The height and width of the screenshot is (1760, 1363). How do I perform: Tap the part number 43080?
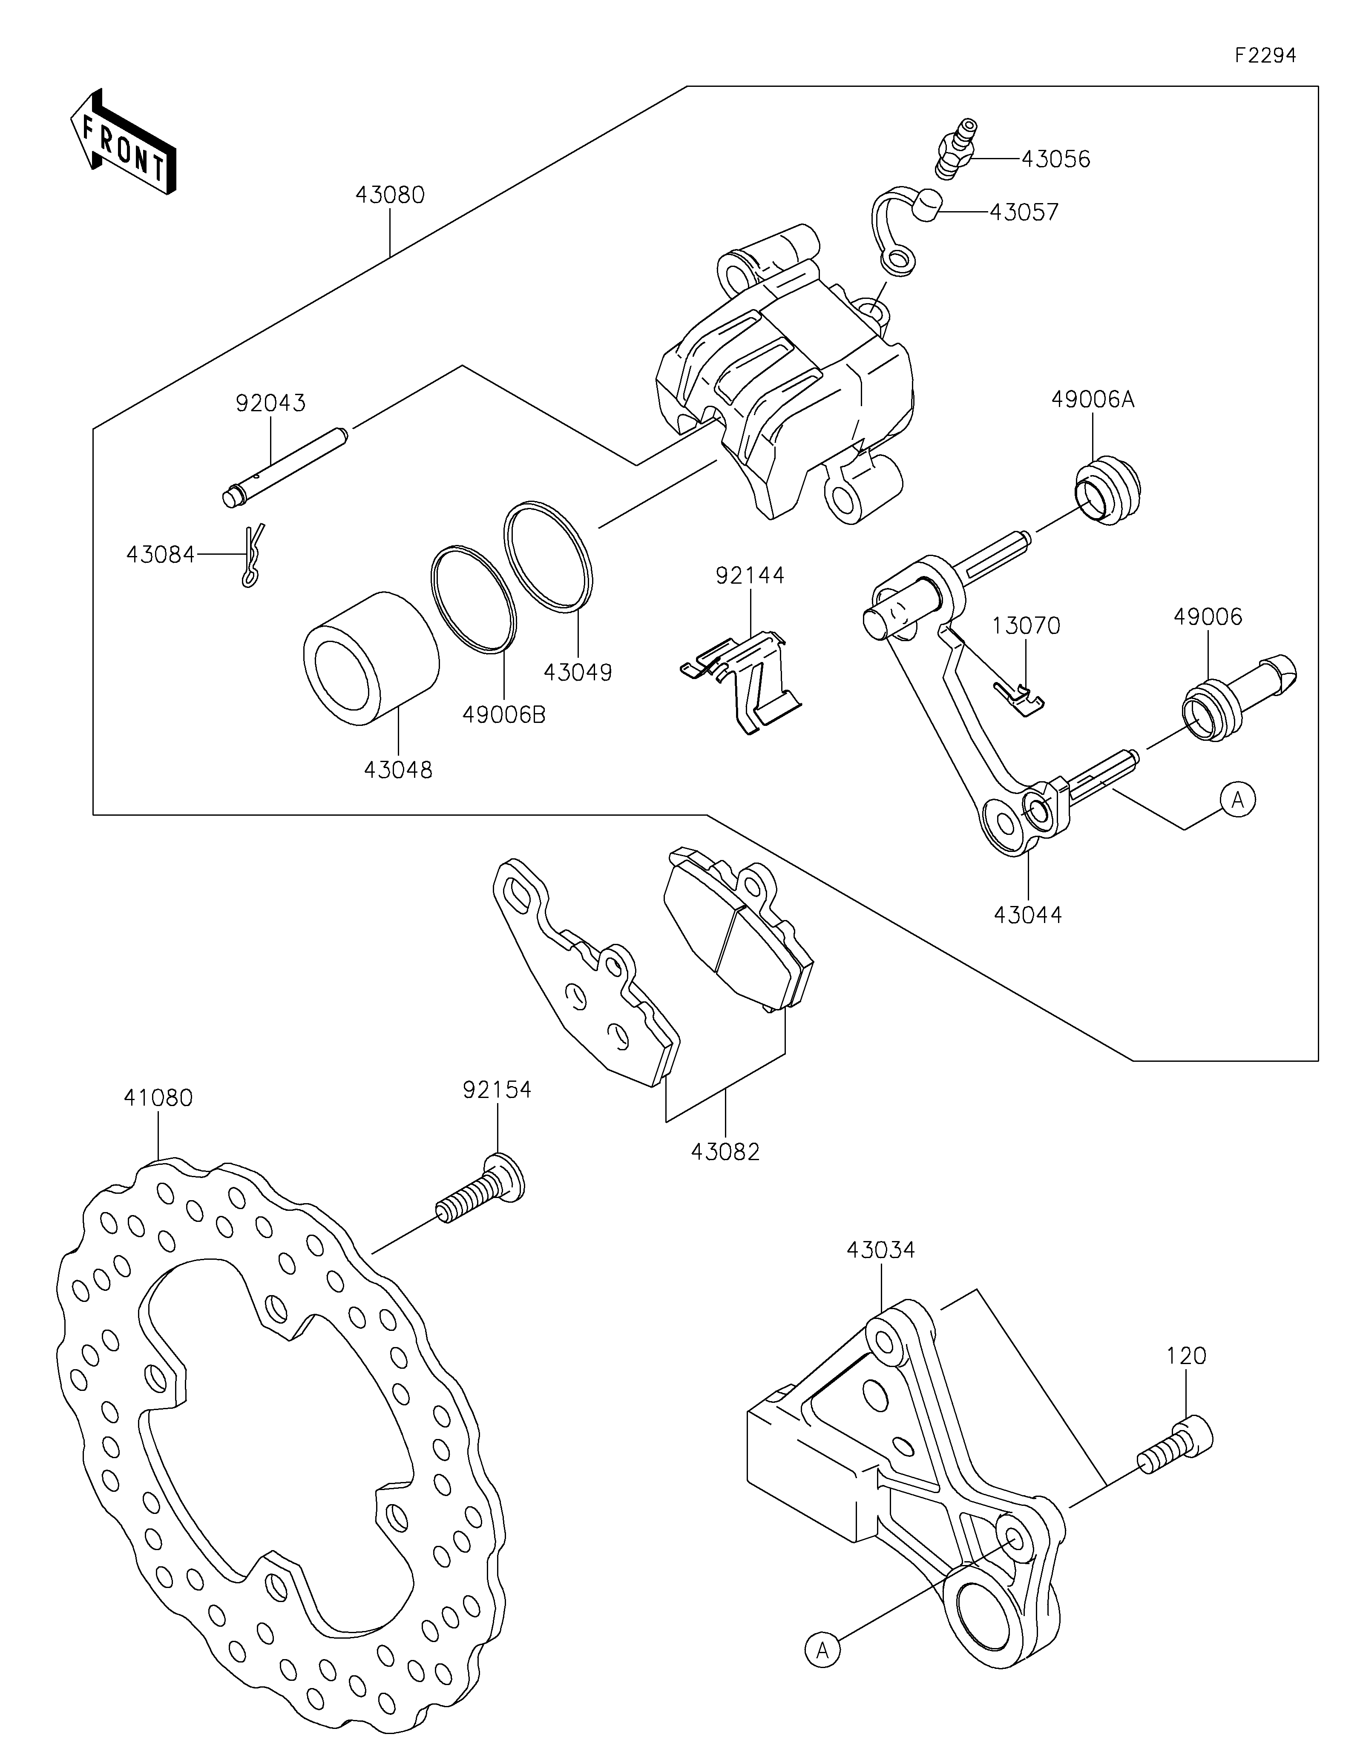390,195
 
